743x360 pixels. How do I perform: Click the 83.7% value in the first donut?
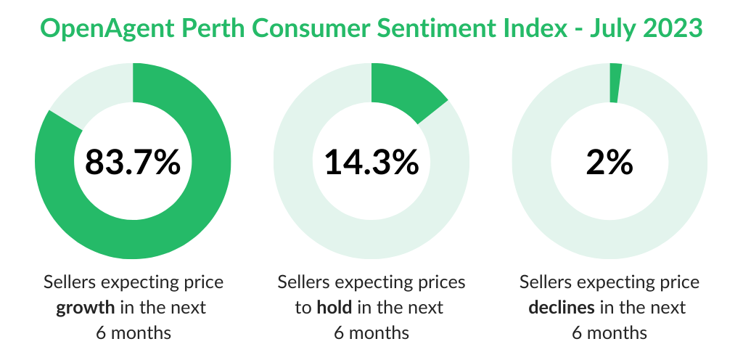(133, 161)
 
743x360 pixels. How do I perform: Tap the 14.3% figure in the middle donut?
(371, 161)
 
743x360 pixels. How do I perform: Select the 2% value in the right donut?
(609, 161)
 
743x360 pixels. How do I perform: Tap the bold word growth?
(86, 308)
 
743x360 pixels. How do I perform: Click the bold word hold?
(334, 308)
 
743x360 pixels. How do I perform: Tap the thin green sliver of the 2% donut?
(615, 83)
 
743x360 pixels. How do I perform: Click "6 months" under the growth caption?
(134, 333)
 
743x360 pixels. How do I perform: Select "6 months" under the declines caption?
(609, 333)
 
